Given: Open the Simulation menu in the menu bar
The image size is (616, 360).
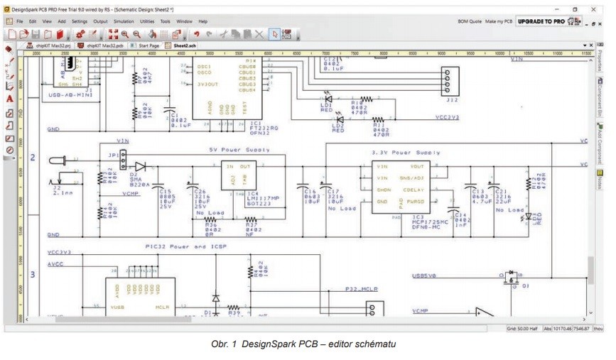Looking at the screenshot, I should [x=124, y=22].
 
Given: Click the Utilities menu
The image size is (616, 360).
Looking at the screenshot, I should [x=147, y=22].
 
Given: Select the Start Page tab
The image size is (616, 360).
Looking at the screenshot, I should [x=148, y=45].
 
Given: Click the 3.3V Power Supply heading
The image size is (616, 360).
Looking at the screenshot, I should [x=406, y=153].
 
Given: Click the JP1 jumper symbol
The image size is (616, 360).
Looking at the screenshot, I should [x=123, y=156].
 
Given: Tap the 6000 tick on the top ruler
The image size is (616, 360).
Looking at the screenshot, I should [x=268, y=53].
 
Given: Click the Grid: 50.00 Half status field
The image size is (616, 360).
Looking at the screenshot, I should [x=523, y=328].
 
